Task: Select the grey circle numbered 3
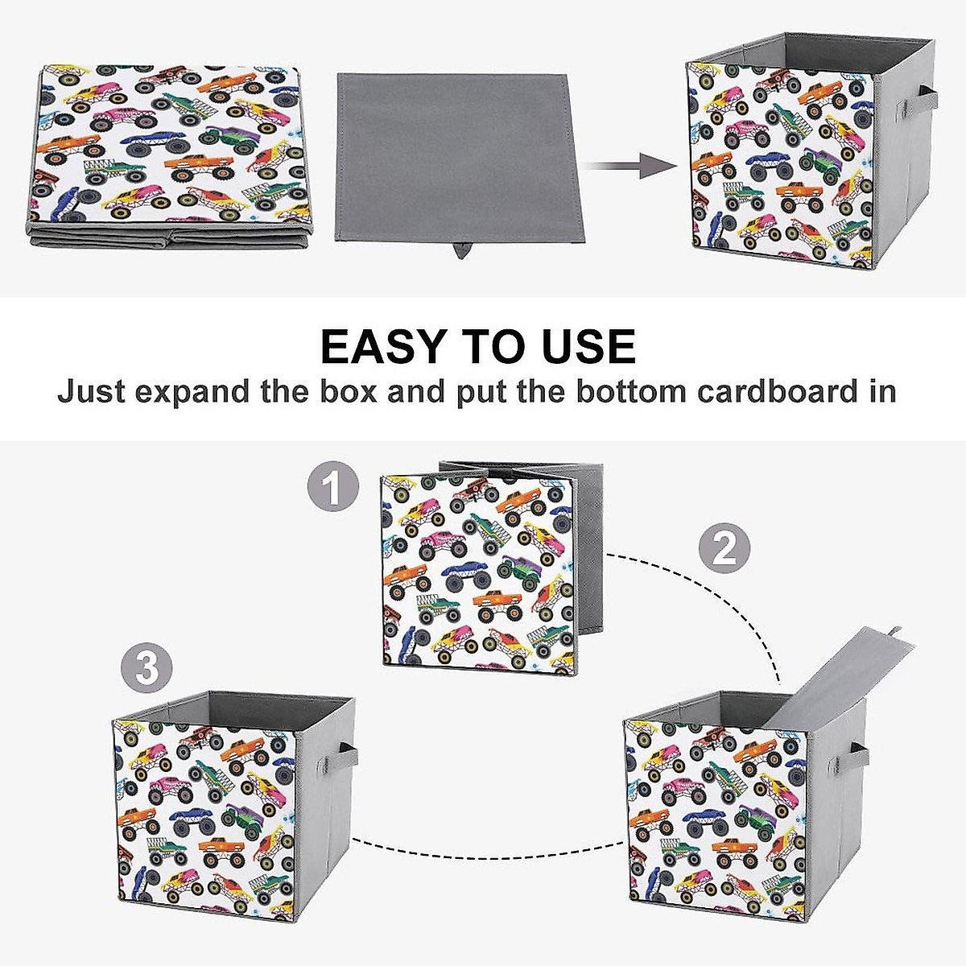(x=146, y=669)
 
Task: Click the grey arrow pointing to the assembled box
(x=630, y=167)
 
